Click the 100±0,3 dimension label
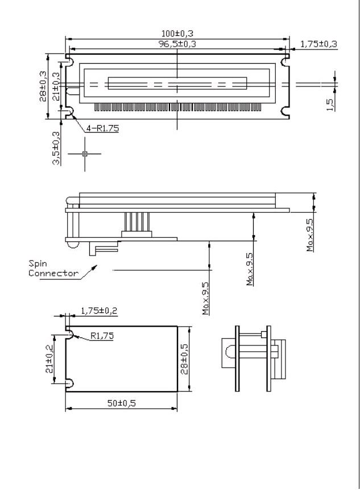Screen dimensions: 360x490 [x=177, y=33]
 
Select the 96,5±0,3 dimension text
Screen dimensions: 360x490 [x=177, y=44]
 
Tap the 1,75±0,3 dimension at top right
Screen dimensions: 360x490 [x=319, y=44]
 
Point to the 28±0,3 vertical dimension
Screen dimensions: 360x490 [x=43, y=87]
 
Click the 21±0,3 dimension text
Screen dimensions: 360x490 [x=56, y=87]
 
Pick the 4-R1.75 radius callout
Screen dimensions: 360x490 [x=102, y=128]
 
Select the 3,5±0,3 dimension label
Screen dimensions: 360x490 [x=56, y=148]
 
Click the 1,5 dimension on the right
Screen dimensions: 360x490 [x=330, y=105]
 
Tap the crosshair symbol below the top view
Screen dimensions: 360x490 [x=85, y=154]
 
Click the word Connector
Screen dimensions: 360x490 [x=53, y=273]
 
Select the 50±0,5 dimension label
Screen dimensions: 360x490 [x=122, y=403]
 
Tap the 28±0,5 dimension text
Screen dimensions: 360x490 [x=184, y=359]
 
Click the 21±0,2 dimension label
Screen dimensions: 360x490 [x=49, y=359]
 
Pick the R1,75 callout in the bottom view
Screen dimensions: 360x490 [x=102, y=336]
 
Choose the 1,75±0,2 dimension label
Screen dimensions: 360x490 [x=99, y=311]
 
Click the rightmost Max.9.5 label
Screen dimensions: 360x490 [x=310, y=235]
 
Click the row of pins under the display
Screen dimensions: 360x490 [x=177, y=107]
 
